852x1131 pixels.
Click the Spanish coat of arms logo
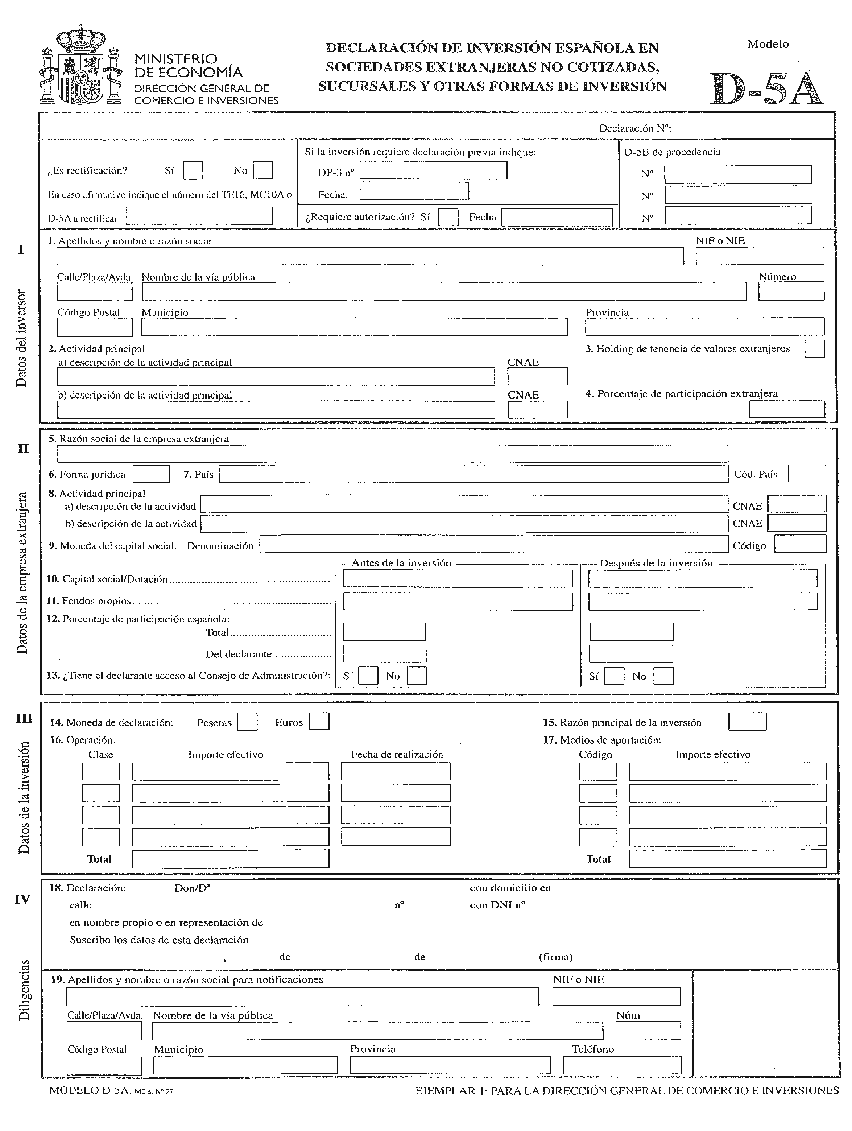[x=81, y=65]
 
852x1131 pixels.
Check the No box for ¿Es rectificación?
[x=263, y=170]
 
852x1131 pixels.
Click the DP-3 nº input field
[x=433, y=170]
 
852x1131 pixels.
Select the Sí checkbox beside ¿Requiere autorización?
[x=448, y=217]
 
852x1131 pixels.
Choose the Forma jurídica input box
[x=151, y=474]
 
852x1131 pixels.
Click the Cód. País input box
[x=807, y=474]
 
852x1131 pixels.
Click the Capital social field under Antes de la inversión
[x=458, y=578]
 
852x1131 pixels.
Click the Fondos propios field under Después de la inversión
[x=702, y=601]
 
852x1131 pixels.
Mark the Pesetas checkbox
[x=247, y=722]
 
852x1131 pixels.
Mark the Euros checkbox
[x=319, y=722]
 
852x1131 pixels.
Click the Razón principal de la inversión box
[x=747, y=722]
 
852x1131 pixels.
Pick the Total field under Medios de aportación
[x=727, y=858]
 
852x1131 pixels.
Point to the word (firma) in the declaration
[x=555, y=957]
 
